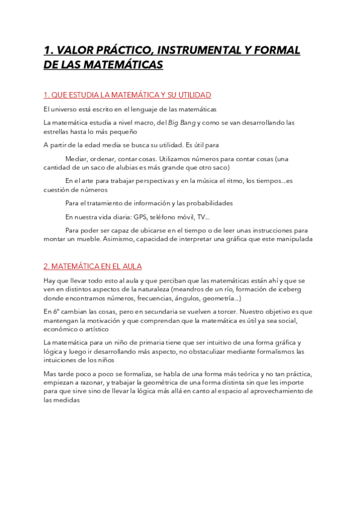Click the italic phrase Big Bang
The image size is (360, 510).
[180, 123]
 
